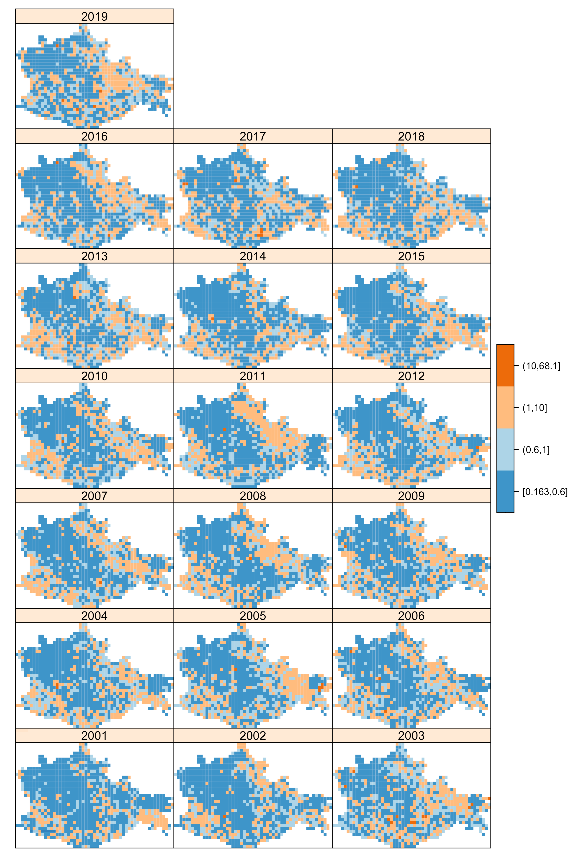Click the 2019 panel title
[94, 16]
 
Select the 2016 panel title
[94, 136]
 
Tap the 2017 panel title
[253, 136]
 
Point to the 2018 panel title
[411, 136]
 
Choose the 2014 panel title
[253, 256]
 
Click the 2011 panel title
[253, 376]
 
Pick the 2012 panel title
[411, 376]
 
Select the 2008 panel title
[253, 496]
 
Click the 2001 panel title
[94, 735]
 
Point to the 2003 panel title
[411, 735]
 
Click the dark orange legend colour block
[505, 365]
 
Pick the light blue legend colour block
[505, 449]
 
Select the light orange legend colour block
[505, 407]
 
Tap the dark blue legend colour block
[505, 491]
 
